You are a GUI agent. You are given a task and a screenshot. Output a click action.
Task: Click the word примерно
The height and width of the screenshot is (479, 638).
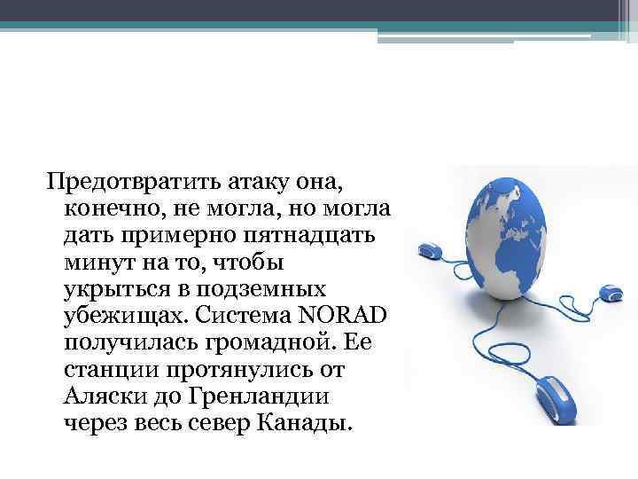pos(185,237)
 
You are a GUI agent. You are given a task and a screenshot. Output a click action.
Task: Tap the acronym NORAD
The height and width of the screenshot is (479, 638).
pos(351,317)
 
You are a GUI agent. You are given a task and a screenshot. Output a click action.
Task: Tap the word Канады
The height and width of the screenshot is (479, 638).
pos(303,422)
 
